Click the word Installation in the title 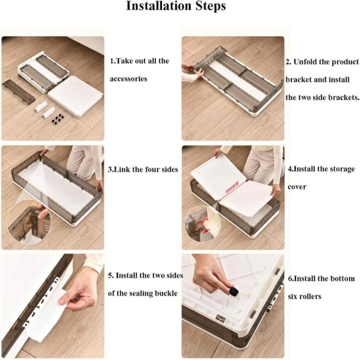(x=159, y=6)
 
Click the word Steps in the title (x=210, y=7)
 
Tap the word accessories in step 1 (x=129, y=79)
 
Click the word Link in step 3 (x=122, y=169)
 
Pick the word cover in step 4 (x=297, y=187)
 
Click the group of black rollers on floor (x=58, y=118)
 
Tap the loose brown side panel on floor (x=19, y=92)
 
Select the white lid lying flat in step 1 (x=76, y=96)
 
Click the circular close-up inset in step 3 (x=29, y=223)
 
